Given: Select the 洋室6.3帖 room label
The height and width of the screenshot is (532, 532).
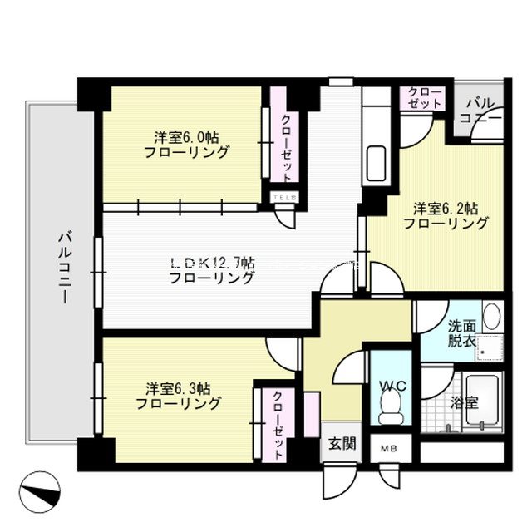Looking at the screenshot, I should [179, 396].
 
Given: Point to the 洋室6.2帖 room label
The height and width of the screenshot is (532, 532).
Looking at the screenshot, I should [445, 214].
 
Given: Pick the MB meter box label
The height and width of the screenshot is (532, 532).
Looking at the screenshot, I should [389, 450].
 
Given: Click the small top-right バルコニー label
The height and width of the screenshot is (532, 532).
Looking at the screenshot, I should [483, 110].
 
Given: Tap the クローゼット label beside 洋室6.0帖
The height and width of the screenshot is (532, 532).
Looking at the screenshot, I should [285, 147].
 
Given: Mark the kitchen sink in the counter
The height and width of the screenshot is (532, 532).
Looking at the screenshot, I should [377, 157].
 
